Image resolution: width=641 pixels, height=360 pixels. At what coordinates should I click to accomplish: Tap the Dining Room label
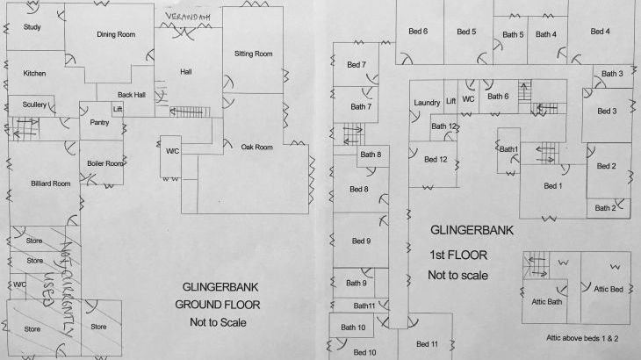[x=115, y=34]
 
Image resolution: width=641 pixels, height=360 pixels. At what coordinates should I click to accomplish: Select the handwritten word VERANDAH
[x=188, y=19]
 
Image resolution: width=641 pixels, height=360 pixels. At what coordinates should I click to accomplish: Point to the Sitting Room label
[x=254, y=54]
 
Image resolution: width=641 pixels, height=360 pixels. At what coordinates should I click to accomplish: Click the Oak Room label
[x=256, y=147]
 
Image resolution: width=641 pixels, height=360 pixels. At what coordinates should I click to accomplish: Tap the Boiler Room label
[x=104, y=163]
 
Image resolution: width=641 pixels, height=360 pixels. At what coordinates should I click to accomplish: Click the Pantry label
[x=99, y=123]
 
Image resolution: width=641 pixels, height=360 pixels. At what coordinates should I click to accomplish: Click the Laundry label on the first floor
[x=426, y=103]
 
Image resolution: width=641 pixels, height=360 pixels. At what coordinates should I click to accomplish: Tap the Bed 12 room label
[x=436, y=160]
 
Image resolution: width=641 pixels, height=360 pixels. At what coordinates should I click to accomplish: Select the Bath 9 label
[x=356, y=283]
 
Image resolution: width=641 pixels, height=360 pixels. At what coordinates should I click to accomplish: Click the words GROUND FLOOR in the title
[x=222, y=305]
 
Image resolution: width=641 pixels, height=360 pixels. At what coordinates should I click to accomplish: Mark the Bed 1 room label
[x=552, y=186]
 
